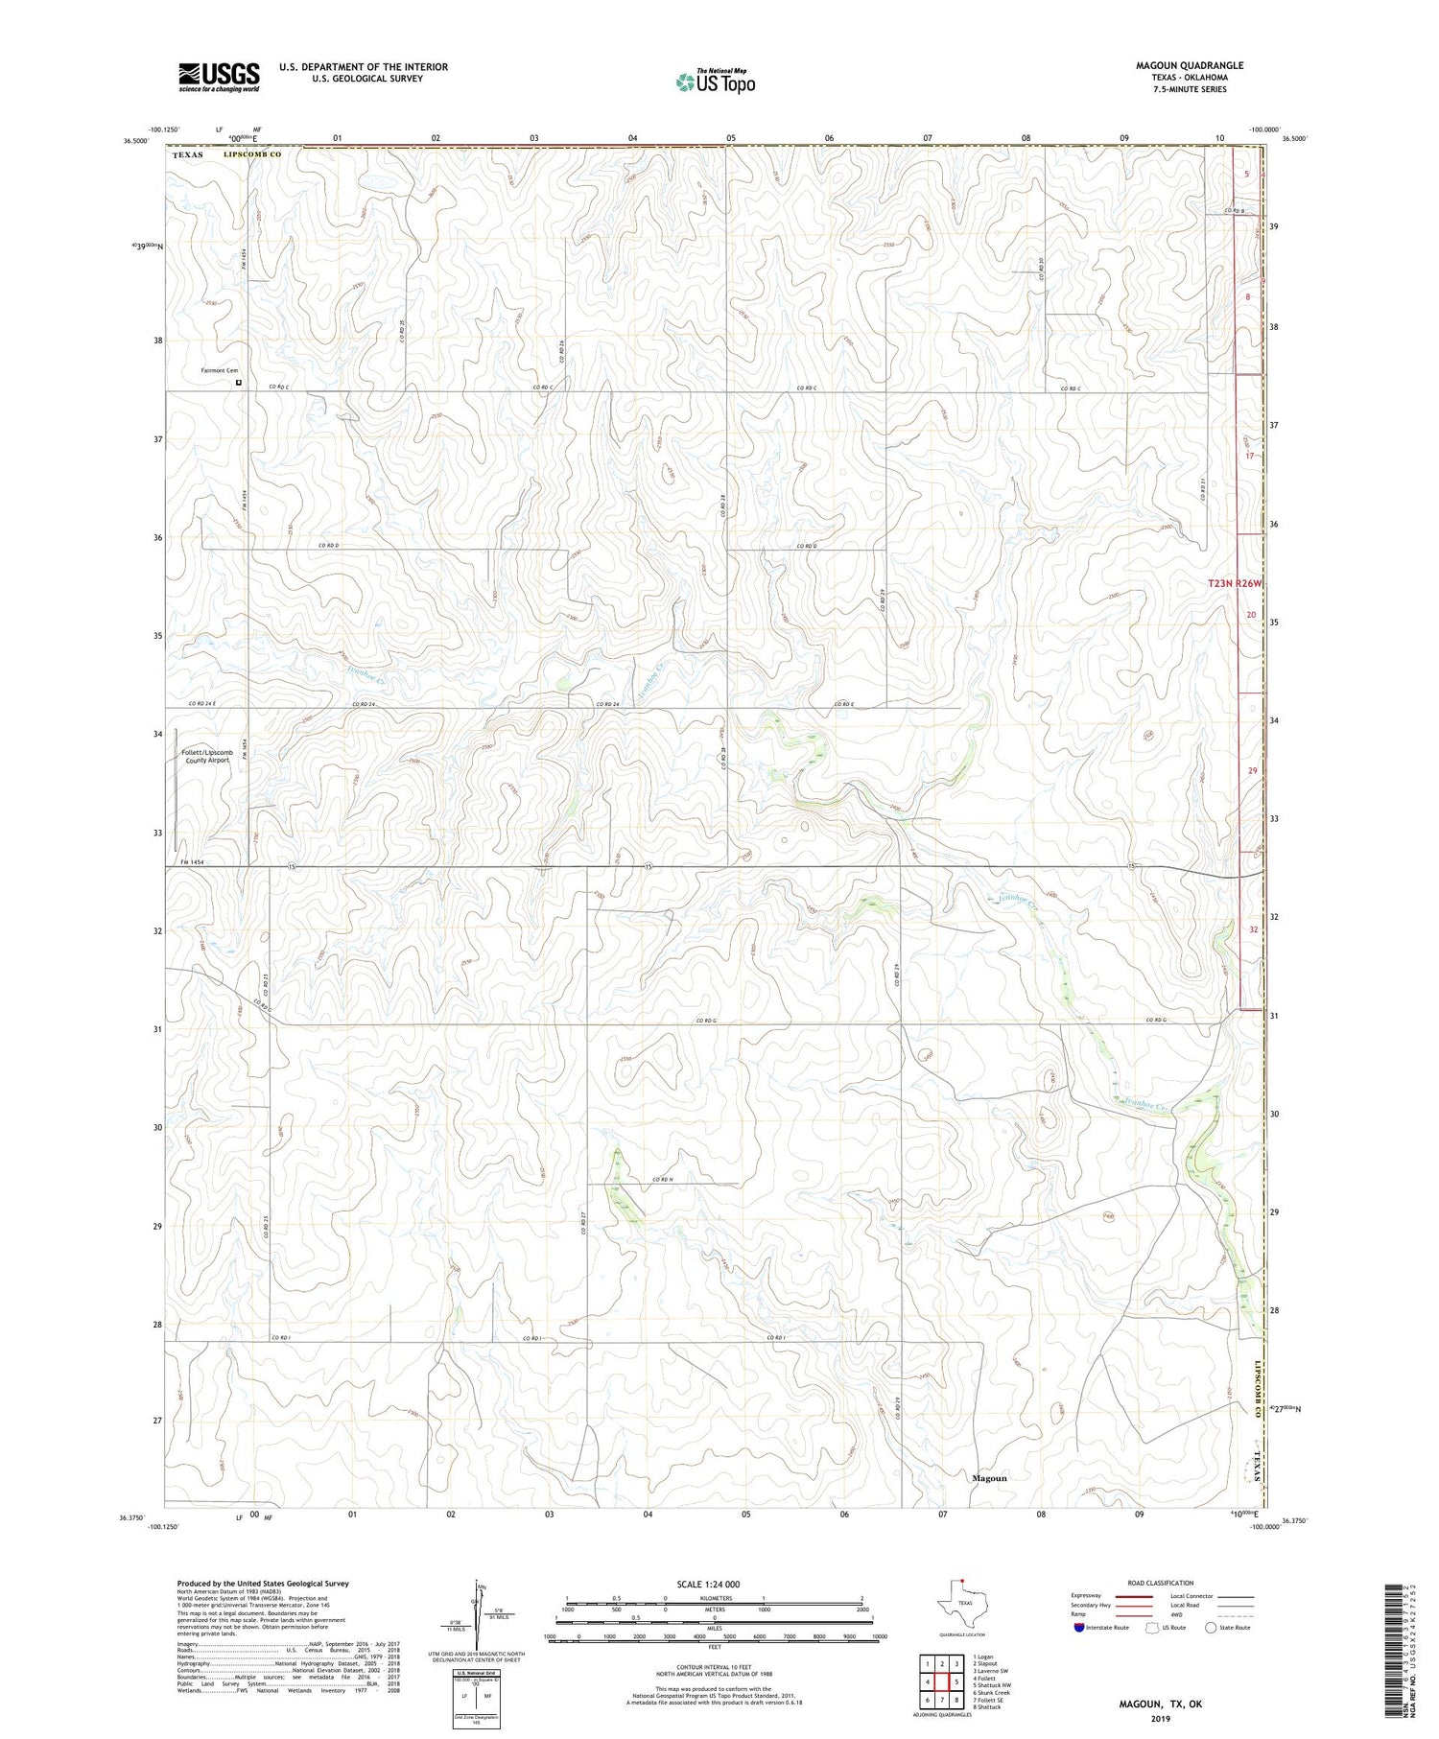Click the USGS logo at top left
(219, 77)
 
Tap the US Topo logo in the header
(715, 82)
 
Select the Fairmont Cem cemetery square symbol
(239, 383)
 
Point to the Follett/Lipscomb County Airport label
(207, 757)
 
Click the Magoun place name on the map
(989, 1478)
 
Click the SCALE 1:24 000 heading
(708, 1584)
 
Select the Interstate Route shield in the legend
(1079, 1627)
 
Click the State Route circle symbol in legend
(1211, 1627)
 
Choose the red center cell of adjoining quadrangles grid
(942, 1682)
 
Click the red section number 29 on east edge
(1252, 770)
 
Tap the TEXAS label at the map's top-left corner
(188, 154)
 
